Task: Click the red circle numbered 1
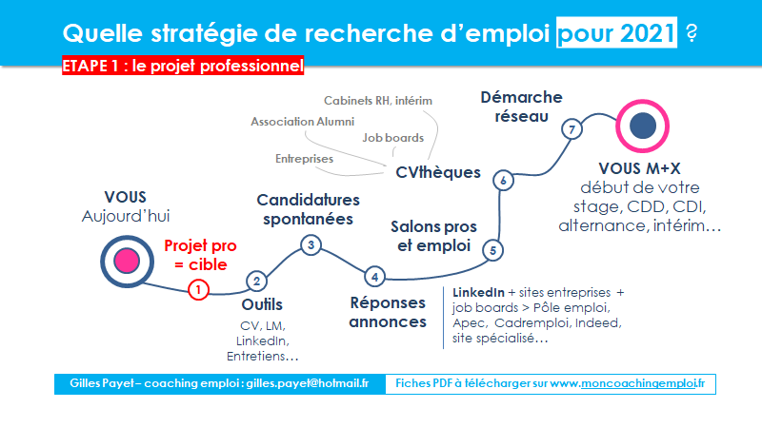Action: [198, 290]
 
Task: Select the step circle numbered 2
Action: [256, 281]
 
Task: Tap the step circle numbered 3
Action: [311, 245]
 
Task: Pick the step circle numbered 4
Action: [374, 277]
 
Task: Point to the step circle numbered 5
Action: [492, 250]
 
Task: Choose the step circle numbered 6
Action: [504, 181]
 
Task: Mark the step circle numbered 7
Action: [572, 129]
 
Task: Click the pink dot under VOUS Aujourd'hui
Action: [127, 261]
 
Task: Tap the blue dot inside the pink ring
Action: [642, 126]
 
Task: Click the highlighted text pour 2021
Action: [616, 32]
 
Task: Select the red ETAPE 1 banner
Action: [183, 65]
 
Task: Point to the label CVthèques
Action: [438, 172]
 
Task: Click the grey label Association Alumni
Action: [302, 122]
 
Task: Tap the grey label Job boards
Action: [392, 138]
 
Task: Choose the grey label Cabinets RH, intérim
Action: [378, 101]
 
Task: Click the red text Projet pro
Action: [200, 245]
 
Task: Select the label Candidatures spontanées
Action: [308, 209]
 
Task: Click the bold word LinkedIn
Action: [478, 293]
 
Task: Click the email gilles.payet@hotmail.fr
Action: [307, 383]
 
